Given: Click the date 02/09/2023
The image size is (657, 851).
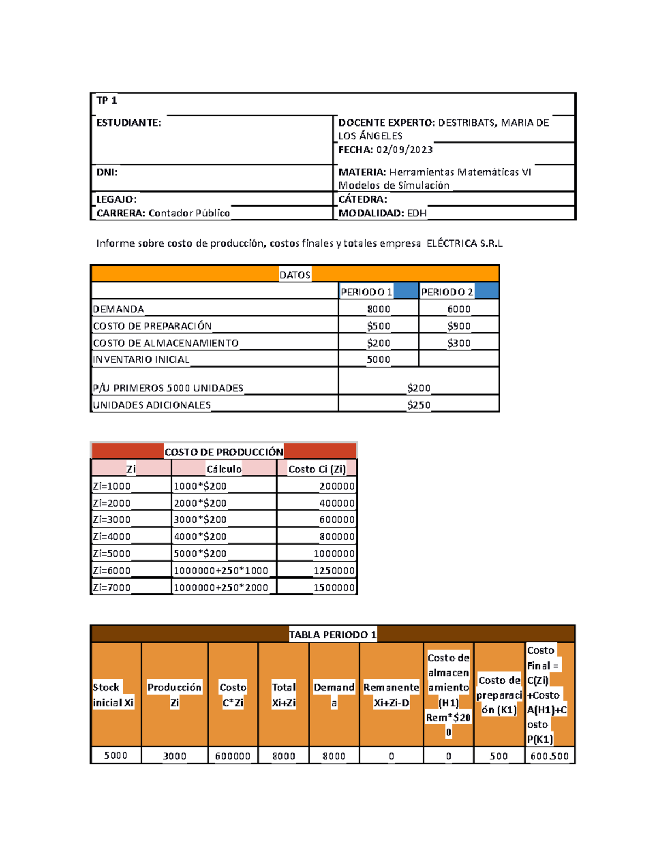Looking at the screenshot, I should tap(404, 150).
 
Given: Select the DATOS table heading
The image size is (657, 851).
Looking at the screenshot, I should tap(295, 275).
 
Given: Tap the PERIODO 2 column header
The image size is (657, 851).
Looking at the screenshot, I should tap(447, 292).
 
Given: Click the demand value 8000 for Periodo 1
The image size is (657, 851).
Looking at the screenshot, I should tap(378, 309).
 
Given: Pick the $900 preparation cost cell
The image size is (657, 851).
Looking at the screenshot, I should tap(459, 326).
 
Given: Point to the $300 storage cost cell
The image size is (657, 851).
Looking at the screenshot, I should tap(459, 343).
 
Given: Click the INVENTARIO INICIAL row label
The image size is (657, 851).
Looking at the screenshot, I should tap(141, 359).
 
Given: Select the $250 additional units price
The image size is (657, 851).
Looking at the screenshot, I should tap(418, 405).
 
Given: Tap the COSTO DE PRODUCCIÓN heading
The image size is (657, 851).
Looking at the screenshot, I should tap(224, 452).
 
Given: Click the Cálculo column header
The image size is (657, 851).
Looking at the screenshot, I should tap(224, 469).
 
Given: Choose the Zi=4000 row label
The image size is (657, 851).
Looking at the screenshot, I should tap(112, 536).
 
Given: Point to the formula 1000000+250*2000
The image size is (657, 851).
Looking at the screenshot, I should tap(221, 587).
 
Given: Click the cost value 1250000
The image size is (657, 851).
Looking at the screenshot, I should tap(334, 570).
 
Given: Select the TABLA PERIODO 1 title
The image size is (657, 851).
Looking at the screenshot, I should tap(332, 635).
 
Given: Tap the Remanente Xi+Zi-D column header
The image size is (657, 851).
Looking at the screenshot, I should tap(391, 695).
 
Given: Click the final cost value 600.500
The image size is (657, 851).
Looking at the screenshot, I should tap(549, 756).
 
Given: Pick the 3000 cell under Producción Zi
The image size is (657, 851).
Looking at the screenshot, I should tap(174, 756).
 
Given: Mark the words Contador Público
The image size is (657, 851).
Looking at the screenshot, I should tap(189, 213).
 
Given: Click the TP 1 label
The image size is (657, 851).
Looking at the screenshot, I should tap(106, 100).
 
